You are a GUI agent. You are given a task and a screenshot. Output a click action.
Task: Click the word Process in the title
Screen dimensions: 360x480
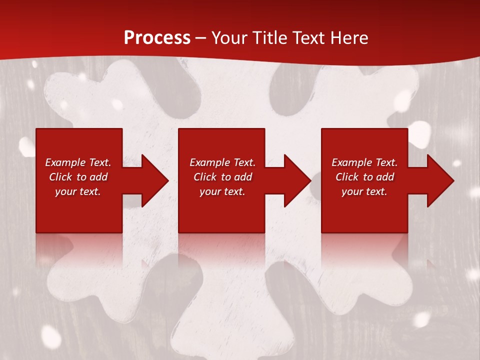pos(157,38)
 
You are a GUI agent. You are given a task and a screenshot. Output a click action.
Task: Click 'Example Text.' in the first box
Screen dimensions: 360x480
pos(78,162)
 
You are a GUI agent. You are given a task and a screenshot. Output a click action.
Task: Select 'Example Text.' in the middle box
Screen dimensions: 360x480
pos(222,162)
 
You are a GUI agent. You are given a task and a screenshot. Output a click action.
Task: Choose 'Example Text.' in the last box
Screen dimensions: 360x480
pos(364,162)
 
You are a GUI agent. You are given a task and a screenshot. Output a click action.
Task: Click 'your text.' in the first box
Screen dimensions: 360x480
pos(78,191)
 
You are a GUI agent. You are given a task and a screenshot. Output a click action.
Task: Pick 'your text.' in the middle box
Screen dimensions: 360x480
pos(222,191)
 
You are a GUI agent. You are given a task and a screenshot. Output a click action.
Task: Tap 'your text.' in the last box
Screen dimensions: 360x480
pos(364,191)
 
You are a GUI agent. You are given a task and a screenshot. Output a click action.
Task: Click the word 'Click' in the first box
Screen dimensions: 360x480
pos(60,177)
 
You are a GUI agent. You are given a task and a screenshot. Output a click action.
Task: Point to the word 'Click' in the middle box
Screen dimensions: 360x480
pos(205,177)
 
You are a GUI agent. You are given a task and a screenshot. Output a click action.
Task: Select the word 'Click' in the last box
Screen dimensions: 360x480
pos(347,177)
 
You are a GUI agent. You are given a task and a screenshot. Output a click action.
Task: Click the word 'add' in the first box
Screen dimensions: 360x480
pos(98,177)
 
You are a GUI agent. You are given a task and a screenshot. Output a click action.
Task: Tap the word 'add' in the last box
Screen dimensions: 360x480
pos(385,177)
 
